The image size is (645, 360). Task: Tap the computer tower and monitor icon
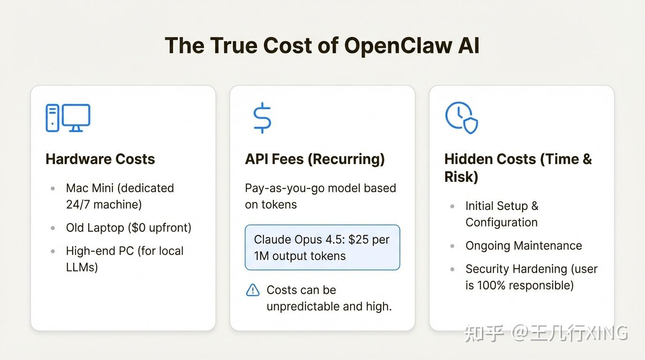coord(68,118)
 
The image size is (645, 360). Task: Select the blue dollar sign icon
coord(262,118)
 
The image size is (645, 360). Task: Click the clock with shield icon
coord(461,118)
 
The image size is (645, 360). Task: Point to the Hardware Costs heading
coord(100,159)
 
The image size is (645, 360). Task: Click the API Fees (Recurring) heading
coord(315,159)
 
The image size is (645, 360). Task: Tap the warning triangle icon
coord(253,290)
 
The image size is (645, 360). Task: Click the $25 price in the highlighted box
coord(358,240)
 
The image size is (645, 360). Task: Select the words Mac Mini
coord(90,188)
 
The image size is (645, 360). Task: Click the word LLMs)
coord(82,268)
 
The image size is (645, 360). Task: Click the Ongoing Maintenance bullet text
coord(524,246)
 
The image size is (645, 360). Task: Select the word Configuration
coord(502,222)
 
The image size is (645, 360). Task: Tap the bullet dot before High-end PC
coord(53,251)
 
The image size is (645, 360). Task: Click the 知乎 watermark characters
coord(484,333)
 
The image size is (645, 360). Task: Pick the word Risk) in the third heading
coord(461,177)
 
